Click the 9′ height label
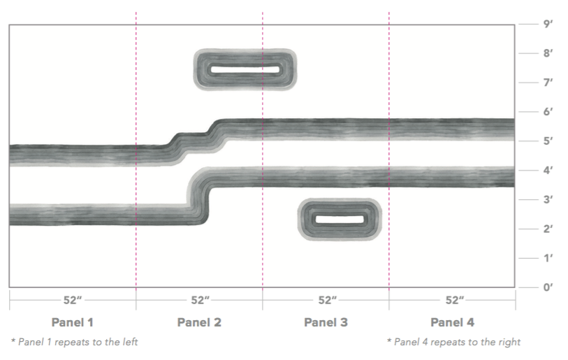point(548,24)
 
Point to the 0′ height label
point(548,287)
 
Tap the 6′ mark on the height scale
point(548,112)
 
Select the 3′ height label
point(548,199)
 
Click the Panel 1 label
point(73,322)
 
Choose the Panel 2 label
point(199,322)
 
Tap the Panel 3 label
point(326,322)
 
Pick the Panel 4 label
point(452,322)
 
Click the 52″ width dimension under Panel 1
point(73,300)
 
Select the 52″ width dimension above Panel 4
point(455,300)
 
